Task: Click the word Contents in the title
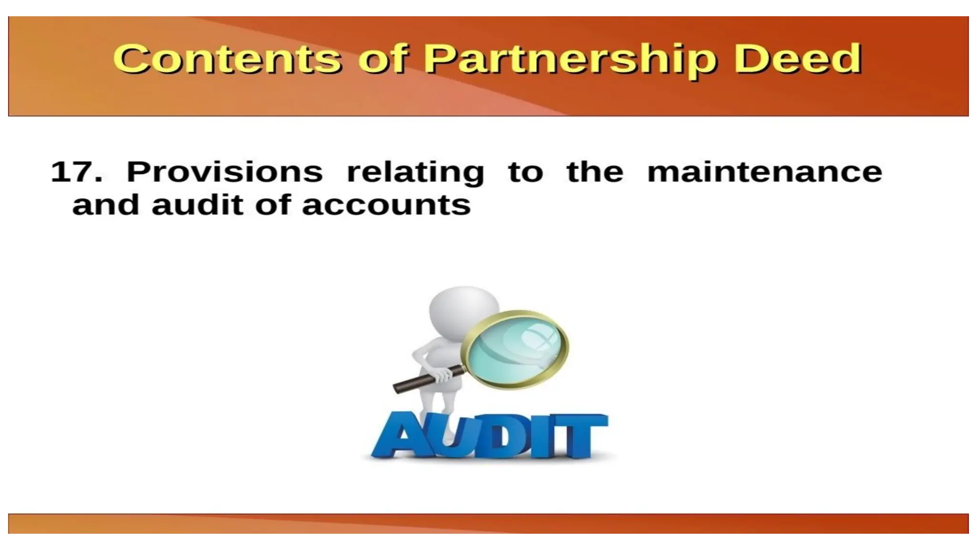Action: pyautogui.click(x=227, y=59)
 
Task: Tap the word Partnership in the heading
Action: pyautogui.click(x=570, y=60)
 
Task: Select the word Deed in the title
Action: pyautogui.click(x=798, y=59)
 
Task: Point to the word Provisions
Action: pyautogui.click(x=224, y=172)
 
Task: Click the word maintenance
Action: pyautogui.click(x=764, y=172)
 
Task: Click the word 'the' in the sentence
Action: pyautogui.click(x=594, y=171)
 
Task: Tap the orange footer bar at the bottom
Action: pyautogui.click(x=488, y=523)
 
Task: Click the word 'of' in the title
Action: pyautogui.click(x=382, y=59)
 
